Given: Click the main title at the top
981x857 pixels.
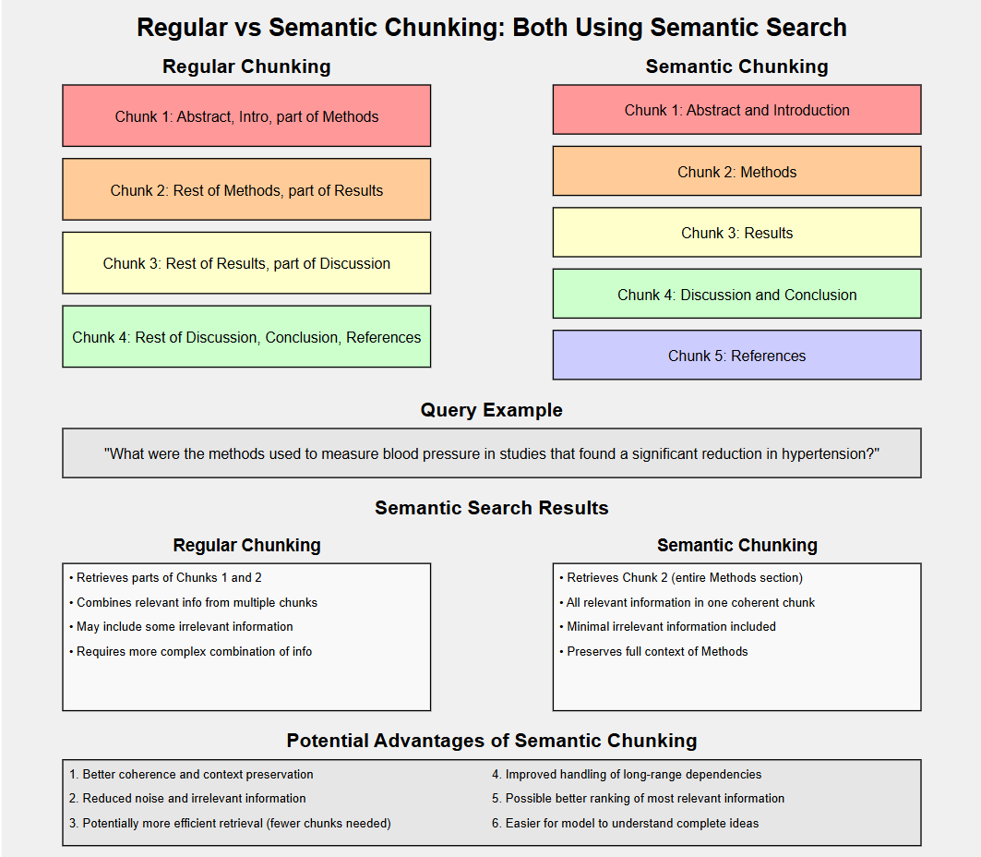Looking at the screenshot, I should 491,28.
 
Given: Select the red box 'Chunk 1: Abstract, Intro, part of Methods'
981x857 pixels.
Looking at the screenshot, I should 246,116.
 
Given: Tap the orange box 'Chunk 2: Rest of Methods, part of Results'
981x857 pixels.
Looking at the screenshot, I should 246,190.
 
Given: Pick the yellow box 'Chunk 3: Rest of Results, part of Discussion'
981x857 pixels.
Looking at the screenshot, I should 246,263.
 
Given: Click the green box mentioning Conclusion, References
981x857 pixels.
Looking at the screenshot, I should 246,337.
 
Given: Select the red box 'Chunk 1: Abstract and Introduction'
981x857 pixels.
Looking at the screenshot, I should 736,110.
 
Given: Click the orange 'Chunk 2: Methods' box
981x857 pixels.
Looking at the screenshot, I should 736,172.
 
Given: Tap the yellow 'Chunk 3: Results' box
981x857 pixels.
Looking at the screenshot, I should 736,233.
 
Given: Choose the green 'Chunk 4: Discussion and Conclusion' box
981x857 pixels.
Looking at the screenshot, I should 736,295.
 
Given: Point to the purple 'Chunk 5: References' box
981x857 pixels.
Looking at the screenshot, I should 736,356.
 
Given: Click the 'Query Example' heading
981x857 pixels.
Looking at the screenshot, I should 491,410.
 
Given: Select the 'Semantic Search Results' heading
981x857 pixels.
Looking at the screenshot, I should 491,508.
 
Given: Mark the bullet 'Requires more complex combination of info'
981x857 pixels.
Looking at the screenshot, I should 194,652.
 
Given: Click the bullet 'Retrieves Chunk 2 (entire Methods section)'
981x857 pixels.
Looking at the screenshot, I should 684,578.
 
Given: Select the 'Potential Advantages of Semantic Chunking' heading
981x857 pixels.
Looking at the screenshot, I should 491,741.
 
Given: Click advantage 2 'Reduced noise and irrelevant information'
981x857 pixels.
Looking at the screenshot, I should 194,799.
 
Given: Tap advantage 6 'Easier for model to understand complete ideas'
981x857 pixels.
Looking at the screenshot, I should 631,823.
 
